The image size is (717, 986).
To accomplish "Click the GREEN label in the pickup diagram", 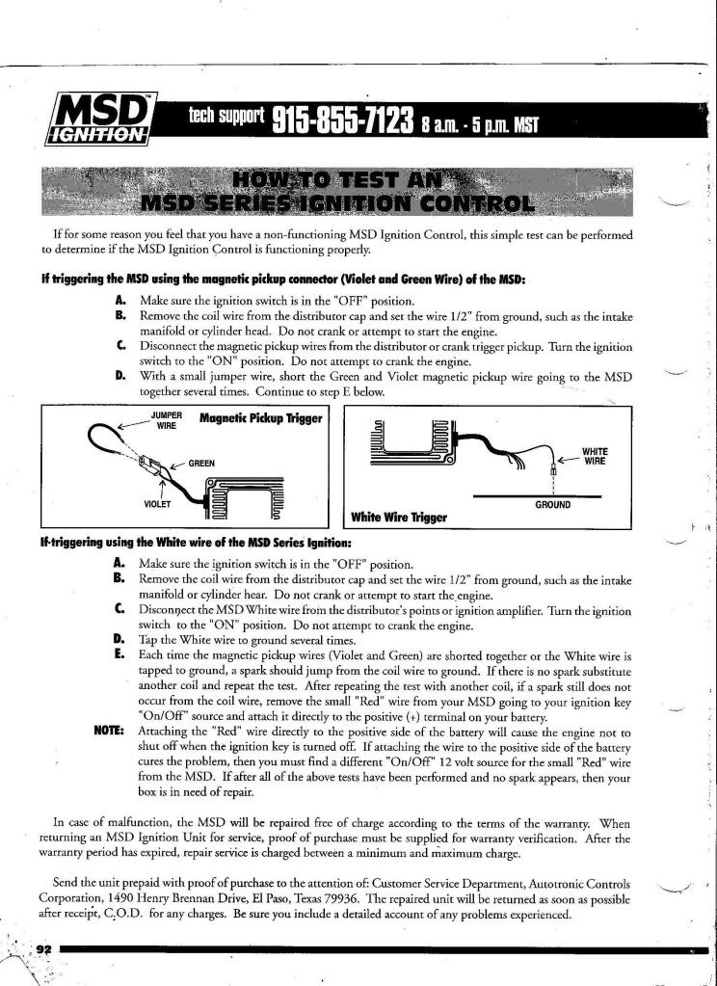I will point(201,464).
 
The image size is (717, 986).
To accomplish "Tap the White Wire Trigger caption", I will point(400,518).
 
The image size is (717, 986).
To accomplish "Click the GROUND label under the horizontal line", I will point(552,505).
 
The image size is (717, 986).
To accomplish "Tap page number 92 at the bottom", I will point(42,948).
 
